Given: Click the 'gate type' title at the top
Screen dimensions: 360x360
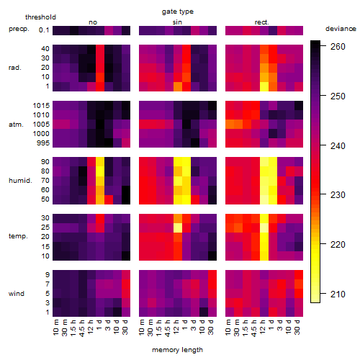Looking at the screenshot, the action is click(178, 12).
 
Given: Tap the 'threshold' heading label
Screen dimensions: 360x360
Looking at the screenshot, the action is click(40, 17).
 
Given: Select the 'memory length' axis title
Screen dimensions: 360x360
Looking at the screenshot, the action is click(177, 350).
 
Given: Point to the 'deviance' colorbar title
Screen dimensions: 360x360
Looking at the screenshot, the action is click(341, 29).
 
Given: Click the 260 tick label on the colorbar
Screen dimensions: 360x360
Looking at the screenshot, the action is click(338, 47).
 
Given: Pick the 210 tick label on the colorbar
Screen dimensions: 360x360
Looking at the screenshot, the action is click(338, 294).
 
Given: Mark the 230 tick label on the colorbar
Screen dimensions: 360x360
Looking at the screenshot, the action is click(338, 194).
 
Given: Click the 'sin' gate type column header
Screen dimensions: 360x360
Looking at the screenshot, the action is click(177, 22).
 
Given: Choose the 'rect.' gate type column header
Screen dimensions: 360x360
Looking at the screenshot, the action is click(262, 22).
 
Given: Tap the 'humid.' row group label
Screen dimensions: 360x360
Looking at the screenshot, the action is click(20, 181).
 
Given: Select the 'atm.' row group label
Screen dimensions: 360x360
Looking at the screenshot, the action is click(16, 125).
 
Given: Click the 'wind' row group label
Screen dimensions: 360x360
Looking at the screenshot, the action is click(17, 294).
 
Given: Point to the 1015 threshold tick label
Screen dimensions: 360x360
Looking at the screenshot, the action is click(41, 105).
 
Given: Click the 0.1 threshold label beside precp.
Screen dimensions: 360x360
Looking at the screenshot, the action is click(44, 30).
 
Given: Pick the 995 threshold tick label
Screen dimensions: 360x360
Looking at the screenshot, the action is click(43, 143).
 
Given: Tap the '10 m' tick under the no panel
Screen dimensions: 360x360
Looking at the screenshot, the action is click(55, 328).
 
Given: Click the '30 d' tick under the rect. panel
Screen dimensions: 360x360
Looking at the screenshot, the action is click(297, 328).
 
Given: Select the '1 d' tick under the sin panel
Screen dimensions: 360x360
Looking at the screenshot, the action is click(185, 325).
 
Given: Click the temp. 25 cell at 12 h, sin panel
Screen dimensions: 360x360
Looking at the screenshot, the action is click(178, 228).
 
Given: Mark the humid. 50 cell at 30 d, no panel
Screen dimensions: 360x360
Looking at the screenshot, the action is click(126, 199).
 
